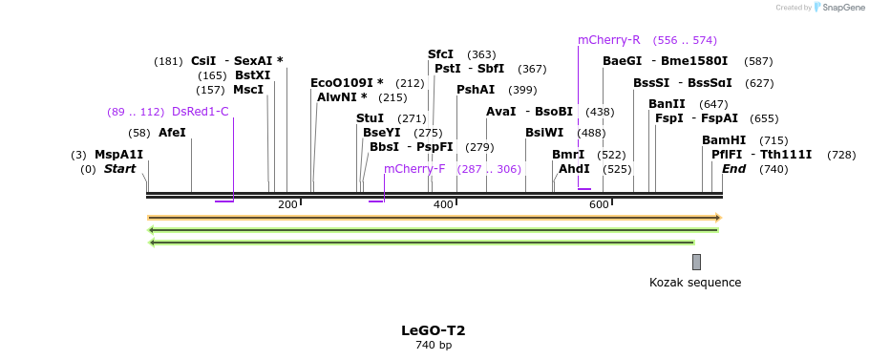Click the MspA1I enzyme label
(118, 155)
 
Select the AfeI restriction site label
(172, 133)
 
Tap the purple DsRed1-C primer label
(200, 112)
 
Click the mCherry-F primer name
(414, 169)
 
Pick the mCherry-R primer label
(608, 40)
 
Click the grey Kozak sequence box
(697, 262)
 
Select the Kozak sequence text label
(695, 283)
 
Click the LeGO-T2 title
(434, 330)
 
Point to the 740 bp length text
(434, 345)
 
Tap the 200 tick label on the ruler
(287, 205)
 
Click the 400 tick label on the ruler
(443, 205)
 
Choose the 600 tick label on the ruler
(599, 205)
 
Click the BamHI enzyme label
(724, 140)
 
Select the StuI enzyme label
(370, 118)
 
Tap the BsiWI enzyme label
(544, 133)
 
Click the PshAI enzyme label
(476, 90)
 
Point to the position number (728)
(841, 155)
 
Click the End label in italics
(733, 169)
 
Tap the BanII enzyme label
(667, 104)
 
